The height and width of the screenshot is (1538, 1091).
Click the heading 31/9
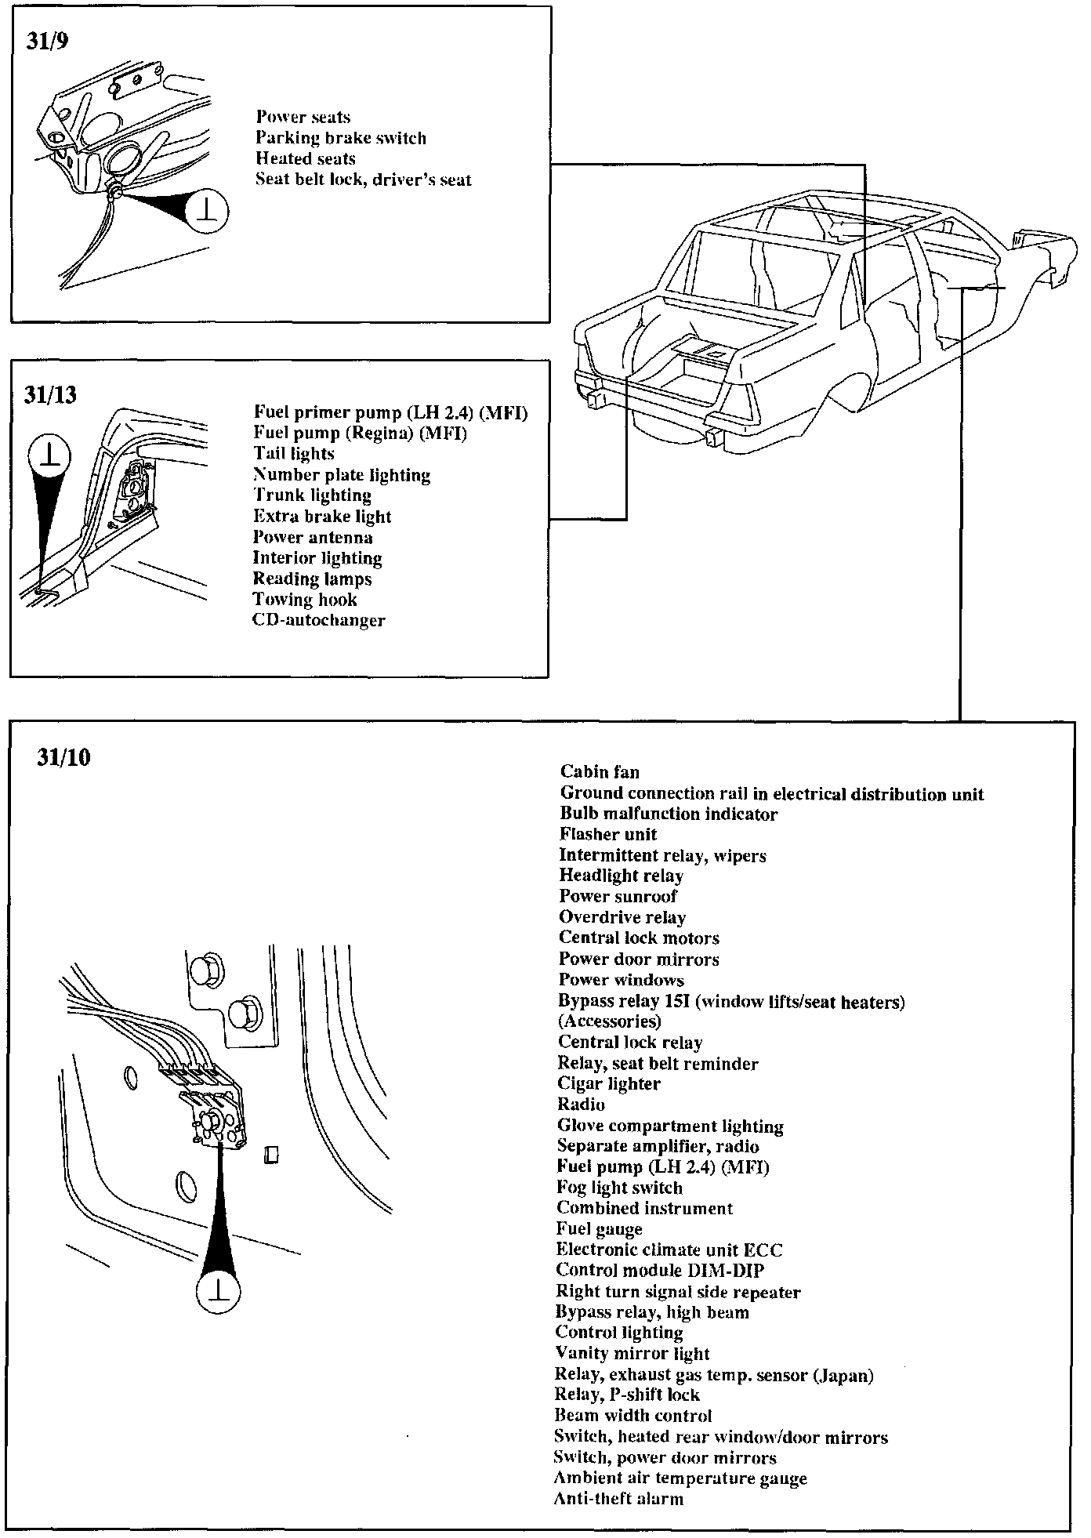point(48,41)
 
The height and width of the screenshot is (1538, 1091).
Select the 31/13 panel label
point(51,394)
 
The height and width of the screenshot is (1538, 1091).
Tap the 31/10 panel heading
point(64,758)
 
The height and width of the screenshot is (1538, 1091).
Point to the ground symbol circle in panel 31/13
point(49,456)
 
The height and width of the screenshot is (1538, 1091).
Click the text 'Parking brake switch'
point(341,139)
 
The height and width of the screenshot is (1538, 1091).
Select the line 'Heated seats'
point(306,159)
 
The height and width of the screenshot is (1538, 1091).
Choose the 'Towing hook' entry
point(304,600)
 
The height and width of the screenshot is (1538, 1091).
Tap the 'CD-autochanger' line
point(319,621)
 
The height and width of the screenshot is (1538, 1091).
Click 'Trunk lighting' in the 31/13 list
point(312,495)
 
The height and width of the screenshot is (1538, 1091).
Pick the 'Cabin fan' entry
point(600,772)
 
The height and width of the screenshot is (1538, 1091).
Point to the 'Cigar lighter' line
point(609,1084)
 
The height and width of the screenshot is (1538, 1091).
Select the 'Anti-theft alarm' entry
point(618,1499)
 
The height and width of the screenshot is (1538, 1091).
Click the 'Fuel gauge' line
point(600,1229)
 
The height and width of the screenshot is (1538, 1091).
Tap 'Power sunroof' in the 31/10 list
point(618,897)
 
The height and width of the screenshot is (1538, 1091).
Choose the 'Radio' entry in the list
point(581,1105)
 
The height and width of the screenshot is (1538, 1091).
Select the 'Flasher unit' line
point(608,835)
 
